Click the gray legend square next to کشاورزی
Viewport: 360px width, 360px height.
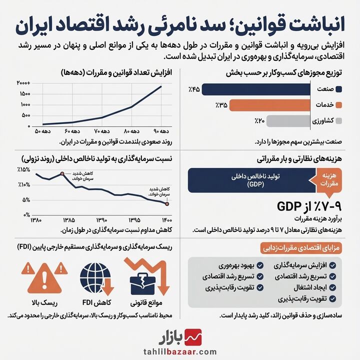(339, 121)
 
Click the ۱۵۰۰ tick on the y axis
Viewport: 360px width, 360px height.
(24, 94)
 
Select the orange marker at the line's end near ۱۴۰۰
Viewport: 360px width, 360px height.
(167, 203)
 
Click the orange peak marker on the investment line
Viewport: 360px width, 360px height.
(61, 173)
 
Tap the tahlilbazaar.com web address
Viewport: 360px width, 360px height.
(179, 351)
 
